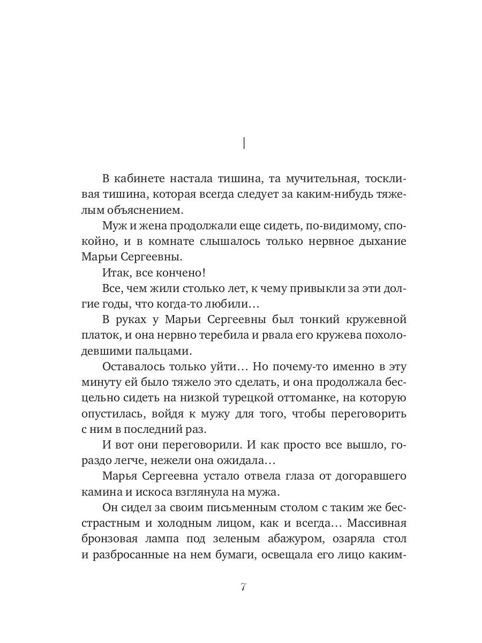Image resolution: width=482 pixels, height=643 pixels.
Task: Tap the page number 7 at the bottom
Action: (x=243, y=586)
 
